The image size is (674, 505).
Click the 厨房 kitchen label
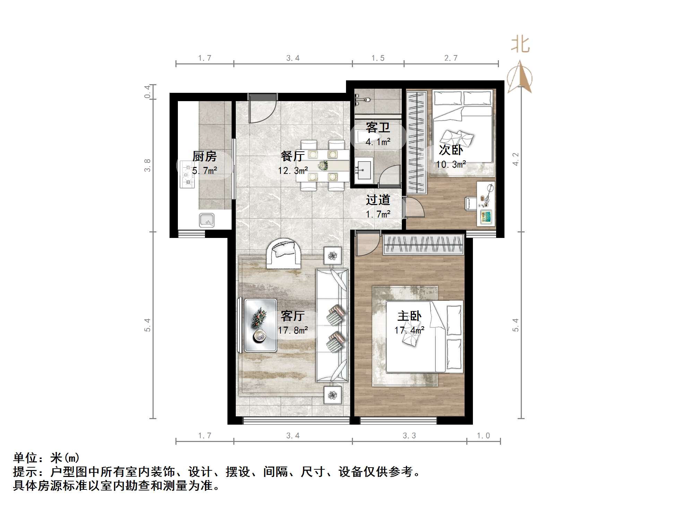tap(205, 157)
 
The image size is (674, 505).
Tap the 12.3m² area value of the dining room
tap(293, 171)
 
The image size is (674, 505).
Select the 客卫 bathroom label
tap(378, 128)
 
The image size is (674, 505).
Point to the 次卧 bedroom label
tap(451, 150)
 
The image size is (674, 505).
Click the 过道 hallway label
tap(378, 200)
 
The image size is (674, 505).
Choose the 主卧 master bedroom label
tap(409, 316)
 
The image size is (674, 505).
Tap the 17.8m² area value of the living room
tap(293, 330)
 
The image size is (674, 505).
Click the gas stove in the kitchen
tap(187, 177)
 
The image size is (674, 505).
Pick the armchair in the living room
tap(283, 253)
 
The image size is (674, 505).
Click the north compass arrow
tap(520, 77)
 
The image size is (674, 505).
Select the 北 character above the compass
tap(520, 45)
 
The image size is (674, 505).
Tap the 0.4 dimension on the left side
tap(148, 91)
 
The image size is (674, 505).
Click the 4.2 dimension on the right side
tap(516, 159)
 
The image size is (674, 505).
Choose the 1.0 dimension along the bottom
tap(483, 436)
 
